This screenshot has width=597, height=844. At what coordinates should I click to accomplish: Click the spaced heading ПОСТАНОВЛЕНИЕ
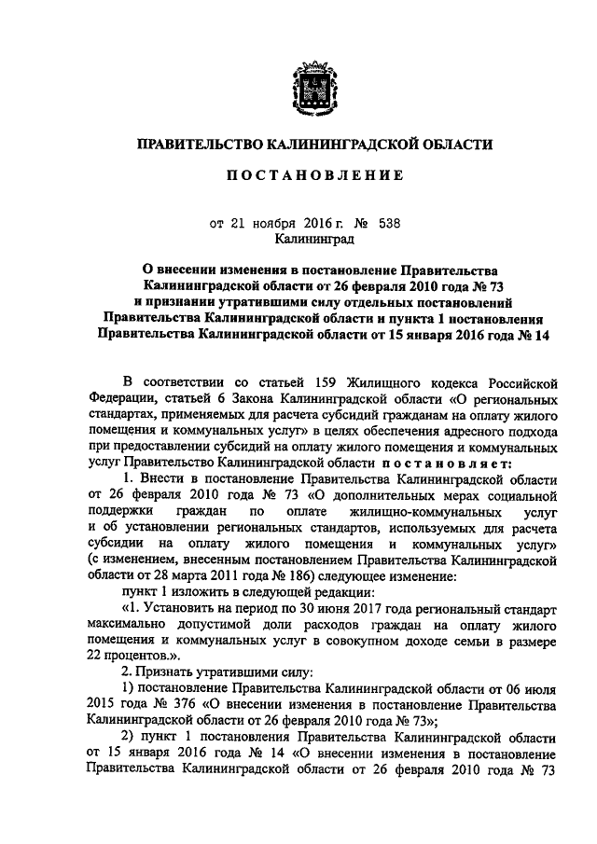311,174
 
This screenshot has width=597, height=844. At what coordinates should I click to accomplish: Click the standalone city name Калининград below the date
313,242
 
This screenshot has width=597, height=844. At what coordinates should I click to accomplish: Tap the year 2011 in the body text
203,576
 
